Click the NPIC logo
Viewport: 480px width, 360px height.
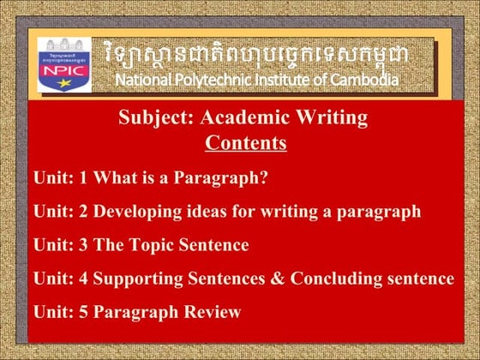(64, 65)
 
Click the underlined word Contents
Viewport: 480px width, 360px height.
(245, 142)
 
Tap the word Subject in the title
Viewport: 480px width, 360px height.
(150, 117)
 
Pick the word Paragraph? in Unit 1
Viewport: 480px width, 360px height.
(223, 178)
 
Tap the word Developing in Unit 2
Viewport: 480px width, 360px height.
(136, 212)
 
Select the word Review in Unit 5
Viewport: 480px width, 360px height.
(214, 312)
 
